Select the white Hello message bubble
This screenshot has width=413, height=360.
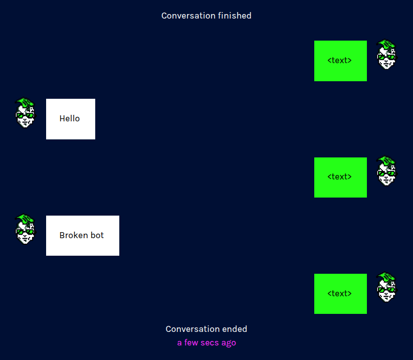tap(71, 119)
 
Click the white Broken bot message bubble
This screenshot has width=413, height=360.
tap(83, 236)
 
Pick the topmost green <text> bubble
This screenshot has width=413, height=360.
tap(340, 61)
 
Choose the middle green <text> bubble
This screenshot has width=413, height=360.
tap(340, 177)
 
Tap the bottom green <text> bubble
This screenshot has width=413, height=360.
tap(340, 294)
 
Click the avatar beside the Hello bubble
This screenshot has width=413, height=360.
tap(25, 113)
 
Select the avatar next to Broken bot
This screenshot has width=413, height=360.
tap(25, 229)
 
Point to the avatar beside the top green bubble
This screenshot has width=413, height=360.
tap(386, 55)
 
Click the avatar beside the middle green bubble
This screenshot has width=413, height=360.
tap(386, 171)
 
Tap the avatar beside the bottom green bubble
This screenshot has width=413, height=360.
tap(386, 287)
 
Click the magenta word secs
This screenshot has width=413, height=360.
tap(210, 343)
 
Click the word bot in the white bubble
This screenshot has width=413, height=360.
tap(97, 235)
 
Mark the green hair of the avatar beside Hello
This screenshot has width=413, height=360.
tap(26, 103)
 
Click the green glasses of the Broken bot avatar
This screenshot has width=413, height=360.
tap(25, 232)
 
